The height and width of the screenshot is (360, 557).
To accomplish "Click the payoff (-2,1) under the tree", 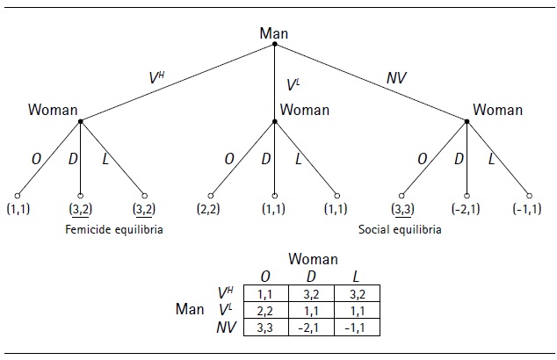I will [466, 211].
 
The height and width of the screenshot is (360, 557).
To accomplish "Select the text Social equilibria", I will [401, 230].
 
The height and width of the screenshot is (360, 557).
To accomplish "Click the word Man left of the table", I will [191, 310].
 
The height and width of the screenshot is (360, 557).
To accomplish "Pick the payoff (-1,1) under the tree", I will [530, 211].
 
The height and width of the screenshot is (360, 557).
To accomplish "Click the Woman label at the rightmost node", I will [498, 111].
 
